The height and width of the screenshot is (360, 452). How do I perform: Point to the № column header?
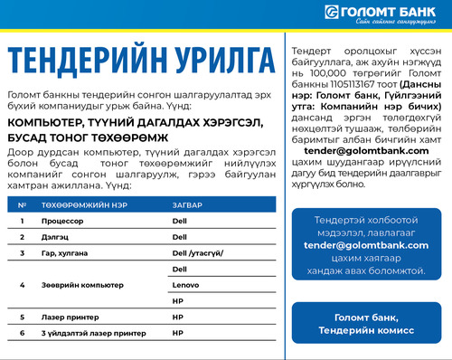click(x=21, y=205)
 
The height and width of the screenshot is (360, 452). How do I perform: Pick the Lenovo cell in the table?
click(x=184, y=285)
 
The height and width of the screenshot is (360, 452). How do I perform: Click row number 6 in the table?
click(x=21, y=334)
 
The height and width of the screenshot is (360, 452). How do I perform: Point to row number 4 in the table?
click(x=21, y=285)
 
